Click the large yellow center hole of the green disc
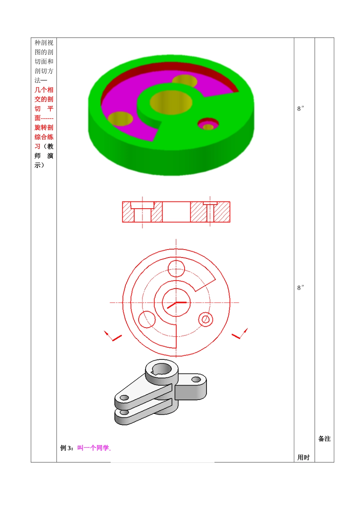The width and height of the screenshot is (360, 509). pos(171,102)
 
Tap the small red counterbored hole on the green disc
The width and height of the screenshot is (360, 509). pos(208,124)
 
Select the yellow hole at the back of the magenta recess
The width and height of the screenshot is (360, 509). pos(185,81)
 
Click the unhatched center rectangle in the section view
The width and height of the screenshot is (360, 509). pos(176,212)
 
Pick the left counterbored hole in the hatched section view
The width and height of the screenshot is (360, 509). pos(142,212)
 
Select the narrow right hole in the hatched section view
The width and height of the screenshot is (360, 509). pos(210,212)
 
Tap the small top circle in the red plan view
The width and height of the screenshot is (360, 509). pos(176,269)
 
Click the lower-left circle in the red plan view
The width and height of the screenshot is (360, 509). pos(147,319)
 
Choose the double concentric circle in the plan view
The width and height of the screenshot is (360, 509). pos(205,319)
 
